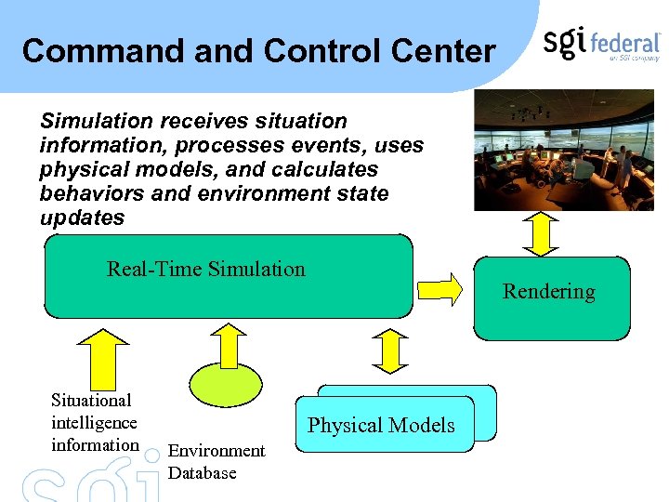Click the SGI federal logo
[x=601, y=44]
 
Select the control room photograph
[x=563, y=151]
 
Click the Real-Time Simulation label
[x=205, y=270]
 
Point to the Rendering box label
[x=548, y=292]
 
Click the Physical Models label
[x=381, y=426]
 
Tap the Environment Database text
[x=216, y=461]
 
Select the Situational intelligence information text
[x=94, y=423]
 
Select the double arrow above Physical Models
[x=389, y=351]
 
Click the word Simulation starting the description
[x=97, y=122]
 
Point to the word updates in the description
[x=82, y=218]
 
